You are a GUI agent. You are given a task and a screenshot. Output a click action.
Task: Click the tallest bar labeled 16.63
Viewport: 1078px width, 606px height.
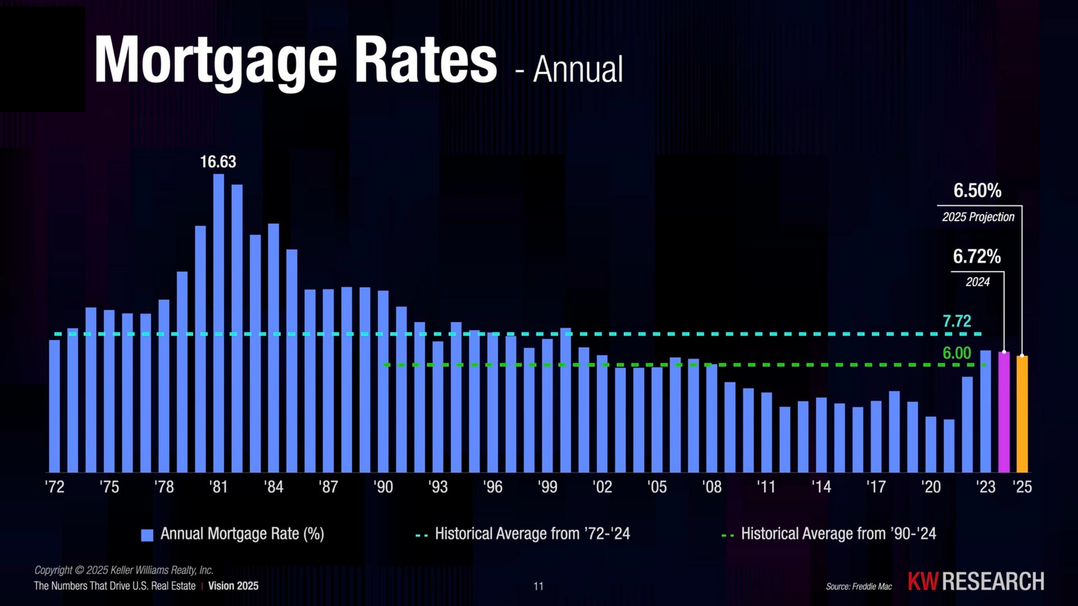[x=218, y=323]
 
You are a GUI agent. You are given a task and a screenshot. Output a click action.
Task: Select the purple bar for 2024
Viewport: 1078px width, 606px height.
[x=1004, y=412]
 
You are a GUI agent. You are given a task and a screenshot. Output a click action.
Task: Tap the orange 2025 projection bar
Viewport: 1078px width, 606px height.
[x=1022, y=414]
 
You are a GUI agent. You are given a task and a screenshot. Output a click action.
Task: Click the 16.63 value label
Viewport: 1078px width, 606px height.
[x=218, y=162]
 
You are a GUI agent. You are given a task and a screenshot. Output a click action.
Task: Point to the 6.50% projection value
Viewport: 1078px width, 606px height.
[x=977, y=191]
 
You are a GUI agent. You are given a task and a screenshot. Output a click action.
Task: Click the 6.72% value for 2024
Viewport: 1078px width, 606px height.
[x=976, y=256]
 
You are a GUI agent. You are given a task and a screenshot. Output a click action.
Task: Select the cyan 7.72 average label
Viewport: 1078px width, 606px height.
[x=956, y=321]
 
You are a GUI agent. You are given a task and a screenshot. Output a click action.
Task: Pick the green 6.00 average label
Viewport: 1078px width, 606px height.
[x=956, y=353]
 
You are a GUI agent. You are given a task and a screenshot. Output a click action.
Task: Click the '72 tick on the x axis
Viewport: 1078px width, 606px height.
[x=54, y=486]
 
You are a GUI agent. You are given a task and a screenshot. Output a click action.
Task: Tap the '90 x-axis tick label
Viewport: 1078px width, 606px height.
[x=383, y=486]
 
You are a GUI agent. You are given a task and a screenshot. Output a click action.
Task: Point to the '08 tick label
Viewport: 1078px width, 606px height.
[x=711, y=486]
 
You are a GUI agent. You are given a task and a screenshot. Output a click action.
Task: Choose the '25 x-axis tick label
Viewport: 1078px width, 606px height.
[x=1022, y=486]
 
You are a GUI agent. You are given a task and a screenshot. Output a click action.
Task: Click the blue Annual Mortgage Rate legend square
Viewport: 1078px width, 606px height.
[x=147, y=535]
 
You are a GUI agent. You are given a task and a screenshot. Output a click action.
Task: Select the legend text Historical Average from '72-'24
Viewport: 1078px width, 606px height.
[x=532, y=534]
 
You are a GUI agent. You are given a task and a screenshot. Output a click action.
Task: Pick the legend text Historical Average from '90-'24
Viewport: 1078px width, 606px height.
[x=838, y=534]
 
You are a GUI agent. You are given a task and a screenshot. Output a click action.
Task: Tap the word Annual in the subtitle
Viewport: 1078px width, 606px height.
[x=578, y=70]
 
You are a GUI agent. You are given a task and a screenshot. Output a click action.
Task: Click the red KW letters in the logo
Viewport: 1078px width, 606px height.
[x=922, y=581]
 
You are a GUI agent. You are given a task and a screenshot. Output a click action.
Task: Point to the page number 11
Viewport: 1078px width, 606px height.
[x=538, y=586]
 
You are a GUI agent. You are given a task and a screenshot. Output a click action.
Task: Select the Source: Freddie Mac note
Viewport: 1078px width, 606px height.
[x=858, y=586]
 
